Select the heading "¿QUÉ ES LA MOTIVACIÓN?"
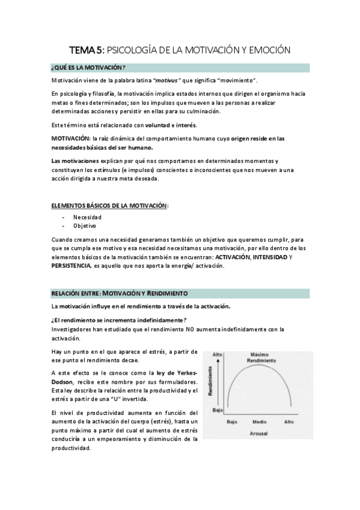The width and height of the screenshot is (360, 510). click(88, 67)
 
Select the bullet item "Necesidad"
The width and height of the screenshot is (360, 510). click(87, 217)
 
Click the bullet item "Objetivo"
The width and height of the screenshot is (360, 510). click(85, 226)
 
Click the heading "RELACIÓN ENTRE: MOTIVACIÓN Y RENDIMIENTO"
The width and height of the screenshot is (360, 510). click(120, 293)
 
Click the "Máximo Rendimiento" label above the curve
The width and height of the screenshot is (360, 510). click(259, 357)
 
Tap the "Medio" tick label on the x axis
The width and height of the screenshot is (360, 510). click(259, 422)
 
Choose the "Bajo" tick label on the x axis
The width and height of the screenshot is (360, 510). click(232, 422)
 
